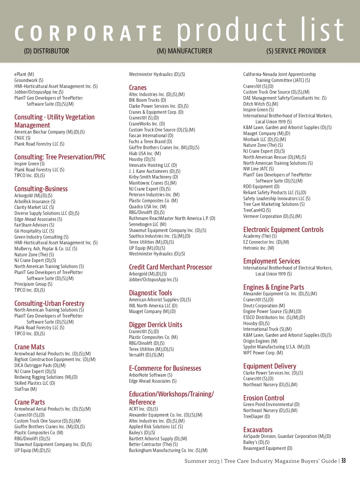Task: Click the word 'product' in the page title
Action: coord(232,30)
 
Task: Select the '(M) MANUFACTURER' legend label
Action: coord(184,51)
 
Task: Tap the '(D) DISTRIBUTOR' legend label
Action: coord(46,51)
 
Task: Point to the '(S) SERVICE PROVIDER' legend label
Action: coord(296,51)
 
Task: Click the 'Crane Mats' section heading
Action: coord(29,347)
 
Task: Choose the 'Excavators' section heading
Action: coord(258,430)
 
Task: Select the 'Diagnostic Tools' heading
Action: coord(150,293)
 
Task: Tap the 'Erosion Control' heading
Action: coord(263,398)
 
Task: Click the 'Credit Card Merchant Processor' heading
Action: coord(170,267)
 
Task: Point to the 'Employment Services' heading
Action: coord(271,261)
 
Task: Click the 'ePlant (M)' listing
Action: coord(24,74)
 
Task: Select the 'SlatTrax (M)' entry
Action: coord(25,389)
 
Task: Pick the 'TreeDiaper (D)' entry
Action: coord(256,417)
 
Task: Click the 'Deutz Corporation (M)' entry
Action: coord(264,306)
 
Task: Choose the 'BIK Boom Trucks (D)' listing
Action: coord(147,100)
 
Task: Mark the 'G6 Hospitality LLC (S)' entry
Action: coord(34,231)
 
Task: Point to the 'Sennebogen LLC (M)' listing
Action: coord(148,224)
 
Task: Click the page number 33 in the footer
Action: coord(343,461)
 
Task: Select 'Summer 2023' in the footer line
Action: coord(202,461)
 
